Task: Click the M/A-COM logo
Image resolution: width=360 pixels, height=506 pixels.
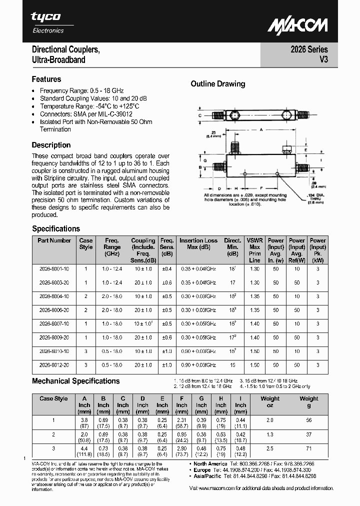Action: [x=297, y=25]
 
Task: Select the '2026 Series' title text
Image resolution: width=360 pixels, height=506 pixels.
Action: [x=309, y=49]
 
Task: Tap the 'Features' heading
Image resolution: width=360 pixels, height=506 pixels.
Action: [x=46, y=79]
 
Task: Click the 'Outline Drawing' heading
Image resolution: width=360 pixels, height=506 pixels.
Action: [x=217, y=84]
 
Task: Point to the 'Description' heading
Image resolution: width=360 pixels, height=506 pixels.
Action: [x=51, y=145]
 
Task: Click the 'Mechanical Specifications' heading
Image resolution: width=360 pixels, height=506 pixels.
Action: [x=75, y=381]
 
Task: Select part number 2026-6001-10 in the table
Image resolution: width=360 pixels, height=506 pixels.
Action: [x=54, y=268]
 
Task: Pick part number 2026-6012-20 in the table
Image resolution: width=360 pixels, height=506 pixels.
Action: [x=54, y=365]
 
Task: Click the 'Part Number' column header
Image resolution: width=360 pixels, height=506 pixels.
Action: [x=54, y=240]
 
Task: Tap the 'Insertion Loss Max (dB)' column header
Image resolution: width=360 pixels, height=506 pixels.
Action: [x=198, y=243]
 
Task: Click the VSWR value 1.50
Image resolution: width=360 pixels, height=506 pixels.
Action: [x=254, y=365]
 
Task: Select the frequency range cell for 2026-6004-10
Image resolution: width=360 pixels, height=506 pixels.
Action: [x=112, y=296]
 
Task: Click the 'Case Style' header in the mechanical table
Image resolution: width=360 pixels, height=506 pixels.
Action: [x=53, y=398]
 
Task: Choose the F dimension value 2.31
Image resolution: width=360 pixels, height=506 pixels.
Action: [x=181, y=420]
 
